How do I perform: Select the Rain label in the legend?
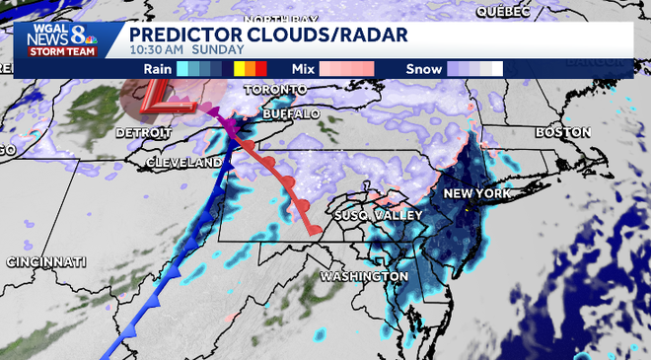[x=158, y=69]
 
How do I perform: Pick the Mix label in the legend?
[x=303, y=69]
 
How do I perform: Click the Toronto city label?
[x=269, y=89]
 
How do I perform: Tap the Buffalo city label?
[x=292, y=114]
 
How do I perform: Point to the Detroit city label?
[x=145, y=131]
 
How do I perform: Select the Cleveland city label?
[x=183, y=161]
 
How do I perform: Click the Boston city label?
[x=562, y=132]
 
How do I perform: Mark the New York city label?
[x=476, y=193]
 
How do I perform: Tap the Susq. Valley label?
[x=379, y=214]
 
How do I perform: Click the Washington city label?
[x=364, y=275]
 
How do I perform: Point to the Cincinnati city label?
[x=46, y=261]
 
